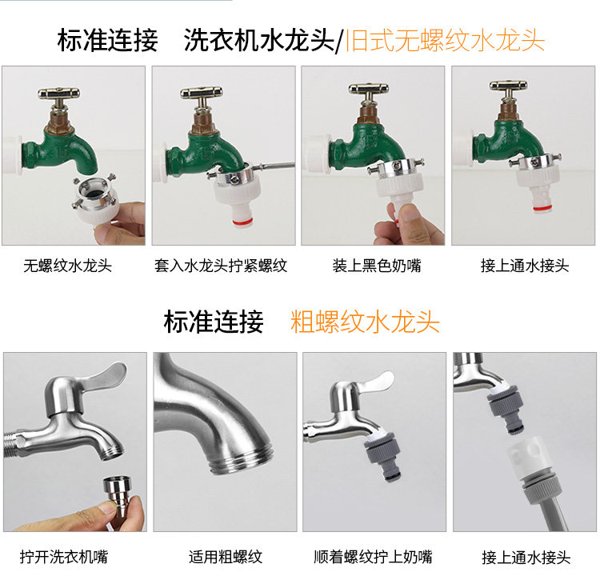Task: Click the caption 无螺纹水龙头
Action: coord(68,266)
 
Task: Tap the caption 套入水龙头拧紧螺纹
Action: coord(221,266)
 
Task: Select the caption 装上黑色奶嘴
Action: coord(377,266)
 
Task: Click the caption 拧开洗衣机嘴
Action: coord(64,557)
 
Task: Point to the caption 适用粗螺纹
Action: coord(226,557)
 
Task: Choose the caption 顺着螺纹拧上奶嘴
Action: coord(373,557)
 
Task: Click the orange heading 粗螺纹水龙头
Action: coord(365,322)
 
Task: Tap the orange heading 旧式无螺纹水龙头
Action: coord(445,40)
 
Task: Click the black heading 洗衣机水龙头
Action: coord(259,40)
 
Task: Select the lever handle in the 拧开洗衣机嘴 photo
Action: coord(104,375)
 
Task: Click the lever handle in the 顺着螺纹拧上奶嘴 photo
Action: coord(376,383)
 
